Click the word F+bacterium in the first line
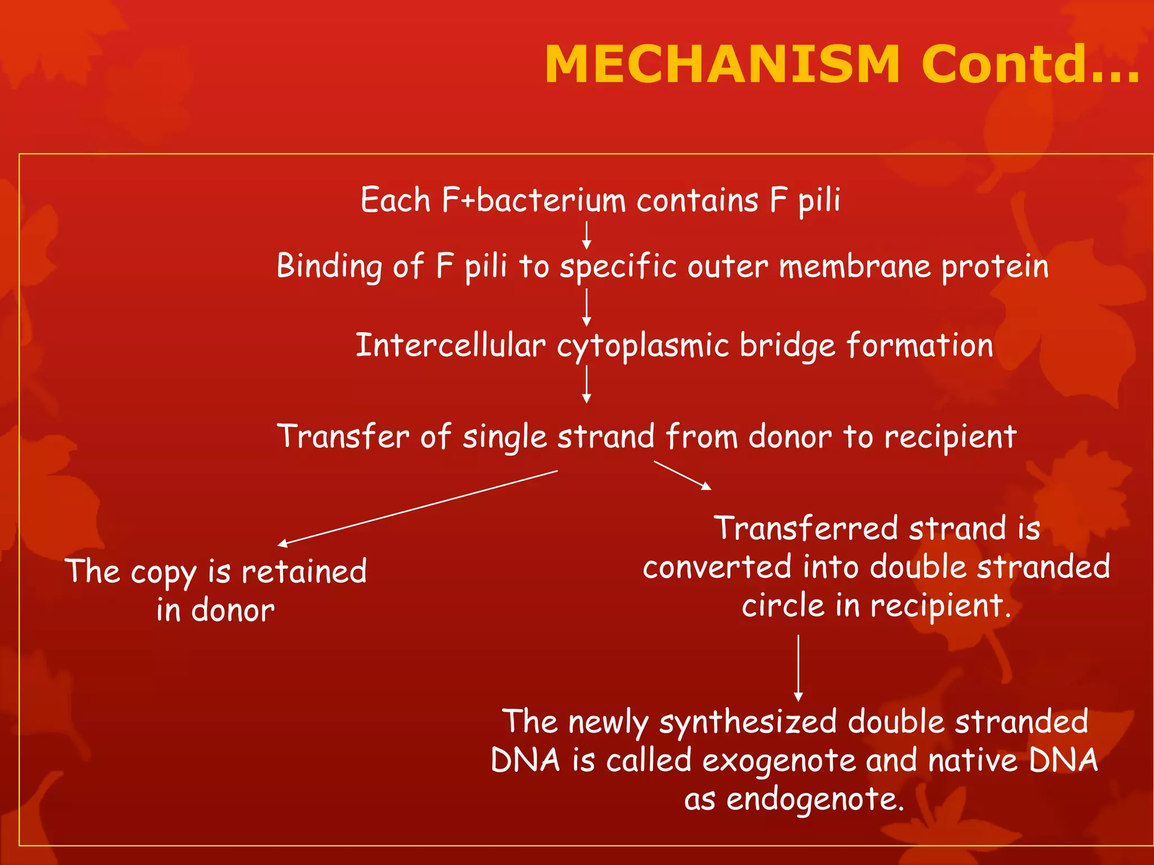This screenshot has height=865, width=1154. [x=533, y=200]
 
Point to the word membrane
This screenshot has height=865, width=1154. [x=855, y=266]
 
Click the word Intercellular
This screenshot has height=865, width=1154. [x=450, y=345]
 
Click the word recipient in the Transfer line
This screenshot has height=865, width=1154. [x=950, y=437]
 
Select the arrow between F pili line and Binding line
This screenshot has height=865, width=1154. [x=587, y=235]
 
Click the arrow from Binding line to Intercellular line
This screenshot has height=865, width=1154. [x=587, y=307]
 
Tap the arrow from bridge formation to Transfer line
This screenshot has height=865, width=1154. [x=587, y=384]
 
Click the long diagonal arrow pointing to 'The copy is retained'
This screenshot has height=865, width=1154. [x=417, y=508]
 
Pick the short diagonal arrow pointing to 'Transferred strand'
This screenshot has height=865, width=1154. [x=682, y=475]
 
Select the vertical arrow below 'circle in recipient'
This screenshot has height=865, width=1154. [x=798, y=668]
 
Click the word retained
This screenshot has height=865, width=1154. [x=304, y=572]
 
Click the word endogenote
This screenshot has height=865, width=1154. [x=815, y=799]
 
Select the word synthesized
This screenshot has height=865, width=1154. [x=748, y=723]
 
